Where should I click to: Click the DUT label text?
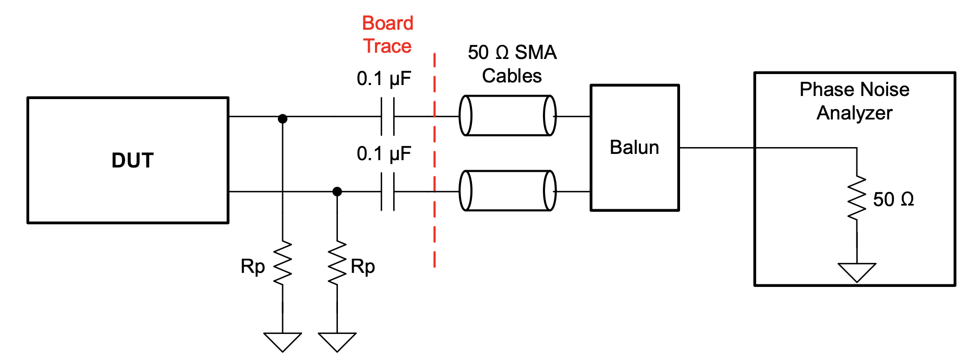[132, 160]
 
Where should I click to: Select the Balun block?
[634, 148]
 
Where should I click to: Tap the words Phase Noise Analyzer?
[854, 101]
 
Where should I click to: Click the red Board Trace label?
[387, 34]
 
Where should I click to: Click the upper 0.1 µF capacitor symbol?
[387, 116]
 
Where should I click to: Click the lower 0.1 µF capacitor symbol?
[387, 191]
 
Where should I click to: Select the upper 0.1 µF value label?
[384, 78]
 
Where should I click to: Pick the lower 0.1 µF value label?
[384, 153]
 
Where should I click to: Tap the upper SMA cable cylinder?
[507, 116]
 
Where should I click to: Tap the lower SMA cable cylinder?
[507, 190]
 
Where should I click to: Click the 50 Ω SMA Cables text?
[512, 64]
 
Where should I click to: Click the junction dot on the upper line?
[283, 118]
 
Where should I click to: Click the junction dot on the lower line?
[337, 191]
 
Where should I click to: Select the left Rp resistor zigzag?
[283, 263]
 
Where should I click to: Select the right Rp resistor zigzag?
[337, 263]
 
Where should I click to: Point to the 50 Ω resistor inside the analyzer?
[856, 198]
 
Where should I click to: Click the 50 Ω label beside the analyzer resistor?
[893, 199]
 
